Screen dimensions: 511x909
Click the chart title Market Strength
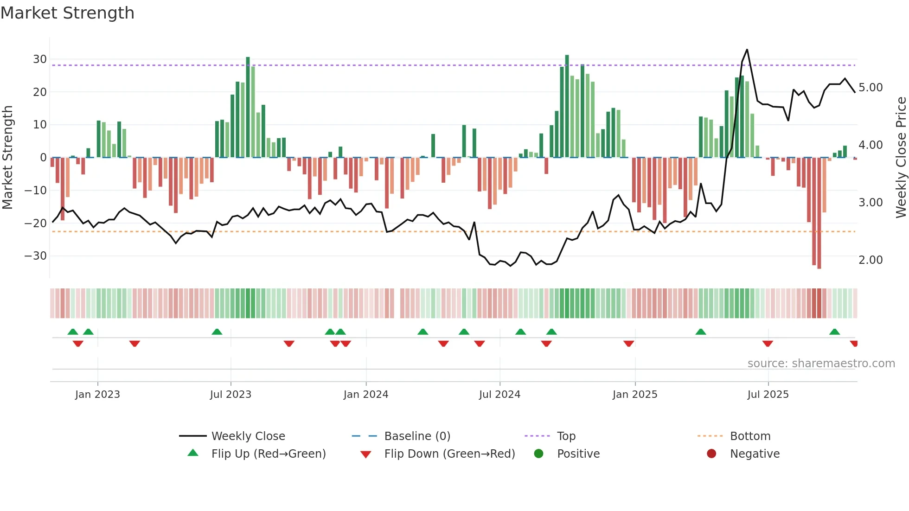(x=67, y=13)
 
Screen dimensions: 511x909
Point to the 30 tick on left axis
(x=39, y=59)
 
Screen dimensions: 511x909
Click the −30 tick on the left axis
(x=36, y=256)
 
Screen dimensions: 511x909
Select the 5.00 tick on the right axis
(x=871, y=88)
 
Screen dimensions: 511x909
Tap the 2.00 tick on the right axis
(x=871, y=260)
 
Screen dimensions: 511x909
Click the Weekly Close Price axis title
(x=901, y=157)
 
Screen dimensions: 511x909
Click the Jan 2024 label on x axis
(x=365, y=395)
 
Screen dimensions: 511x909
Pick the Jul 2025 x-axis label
(x=768, y=395)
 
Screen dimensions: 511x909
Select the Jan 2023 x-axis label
(x=97, y=395)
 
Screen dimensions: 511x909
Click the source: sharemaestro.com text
(x=821, y=364)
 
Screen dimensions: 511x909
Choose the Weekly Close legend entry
(x=248, y=436)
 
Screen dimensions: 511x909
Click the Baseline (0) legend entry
(x=417, y=436)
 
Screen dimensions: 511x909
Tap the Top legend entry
(x=566, y=436)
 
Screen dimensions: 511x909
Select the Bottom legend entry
(x=750, y=436)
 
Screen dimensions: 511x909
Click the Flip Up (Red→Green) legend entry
(x=268, y=454)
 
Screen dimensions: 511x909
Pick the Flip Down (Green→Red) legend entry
(x=449, y=454)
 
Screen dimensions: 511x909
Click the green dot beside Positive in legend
(x=538, y=454)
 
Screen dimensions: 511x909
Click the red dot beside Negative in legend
(x=711, y=454)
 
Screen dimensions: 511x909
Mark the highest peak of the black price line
(x=747, y=50)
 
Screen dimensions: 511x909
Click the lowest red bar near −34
(x=819, y=267)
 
